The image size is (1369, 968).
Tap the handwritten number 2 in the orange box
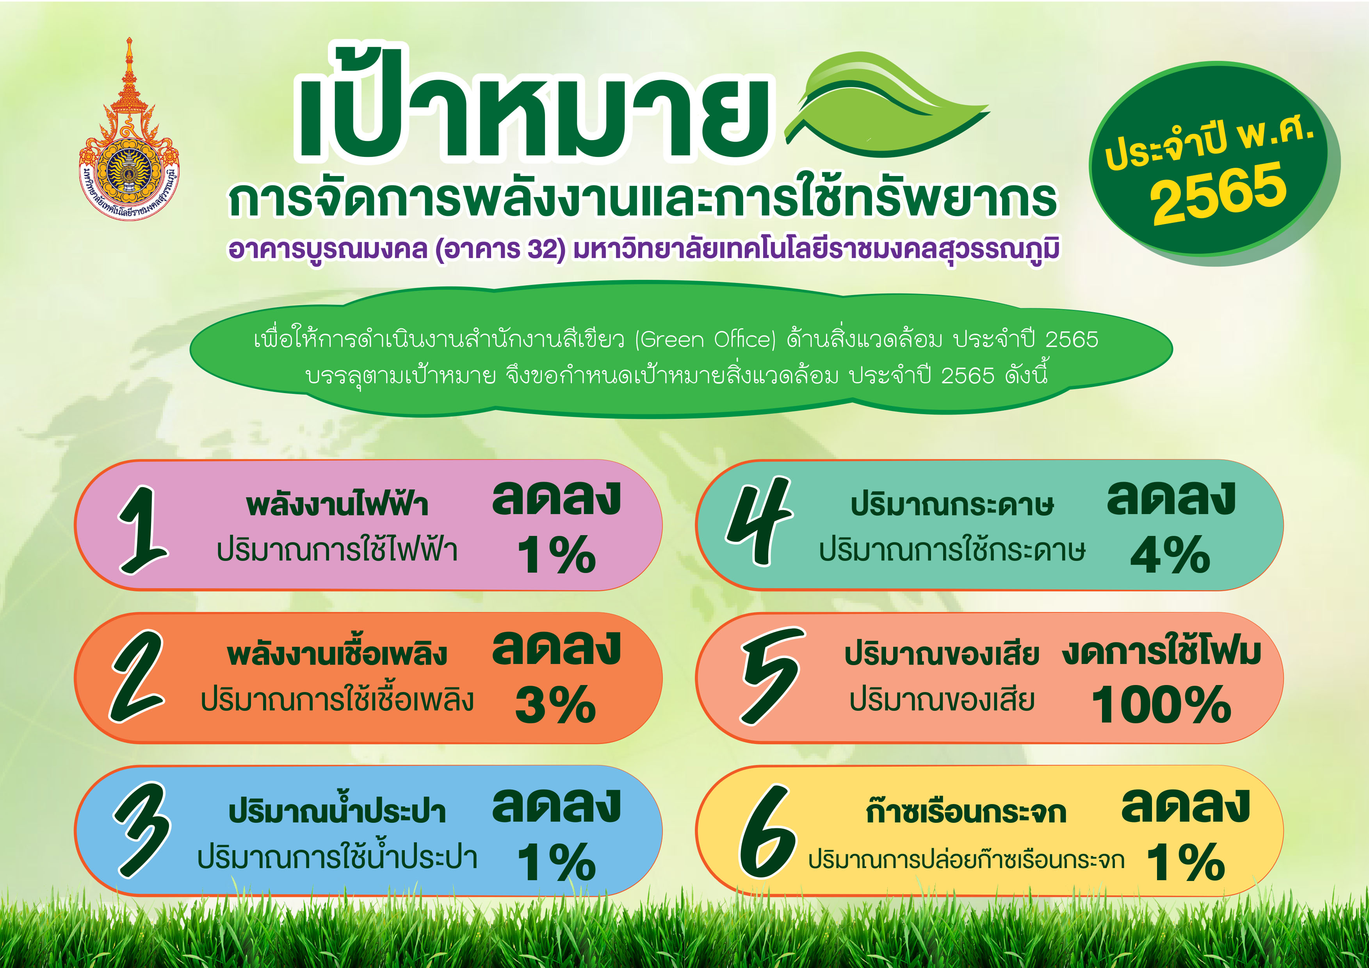click(x=137, y=676)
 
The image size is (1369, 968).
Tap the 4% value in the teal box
click(x=1170, y=554)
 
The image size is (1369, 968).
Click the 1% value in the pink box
click(x=556, y=554)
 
